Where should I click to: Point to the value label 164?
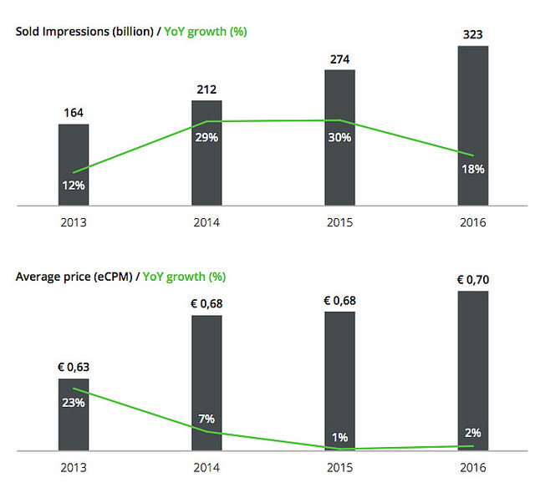pos(74,114)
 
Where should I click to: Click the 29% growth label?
pos(206,137)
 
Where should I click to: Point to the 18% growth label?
pos(472,169)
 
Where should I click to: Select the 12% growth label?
pos(74,185)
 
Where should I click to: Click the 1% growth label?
pos(339,437)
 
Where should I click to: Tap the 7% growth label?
pos(206,418)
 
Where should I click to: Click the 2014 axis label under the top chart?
pos(206,223)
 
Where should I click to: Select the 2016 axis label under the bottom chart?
pos(472,469)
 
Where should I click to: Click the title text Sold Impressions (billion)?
pos(84,32)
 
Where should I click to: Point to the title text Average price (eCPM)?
pos(73,276)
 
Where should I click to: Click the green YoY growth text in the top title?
pos(206,32)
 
